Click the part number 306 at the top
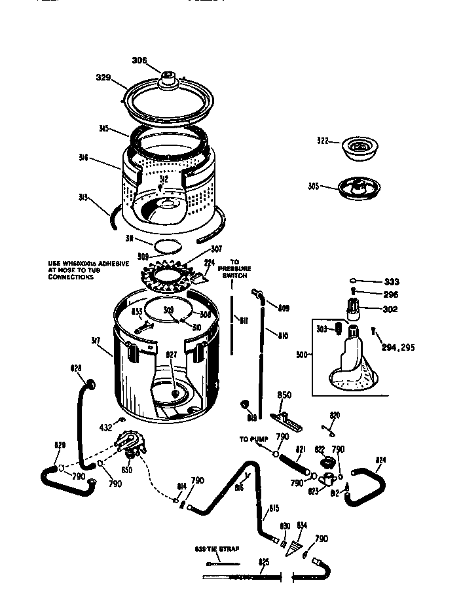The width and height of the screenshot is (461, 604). [139, 60]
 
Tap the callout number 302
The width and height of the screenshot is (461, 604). [391, 309]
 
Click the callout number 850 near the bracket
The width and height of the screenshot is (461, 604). [284, 395]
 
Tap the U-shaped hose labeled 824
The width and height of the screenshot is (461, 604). [367, 484]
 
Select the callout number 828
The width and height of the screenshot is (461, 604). [76, 368]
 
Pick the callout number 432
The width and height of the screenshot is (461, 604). [105, 427]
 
